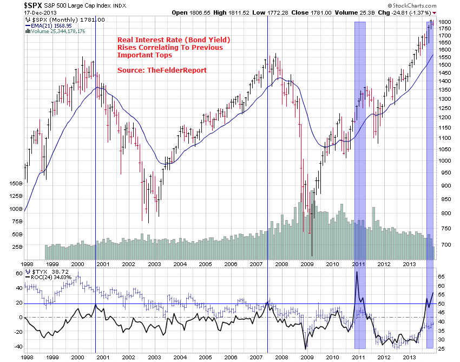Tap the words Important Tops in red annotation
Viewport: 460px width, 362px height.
click(x=144, y=55)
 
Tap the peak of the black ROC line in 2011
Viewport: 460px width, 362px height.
click(x=357, y=271)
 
